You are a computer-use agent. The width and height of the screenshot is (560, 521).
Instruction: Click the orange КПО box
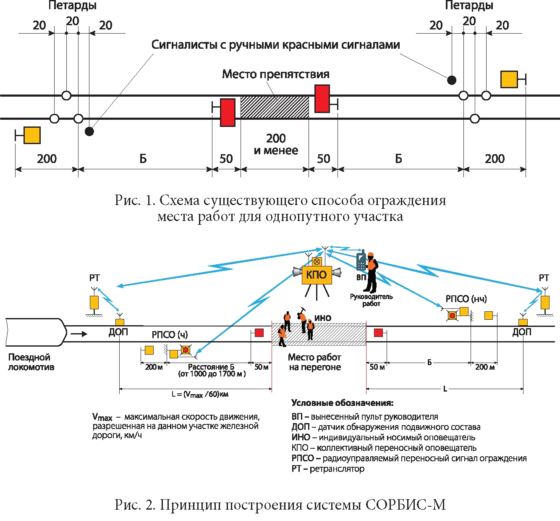coord(317,275)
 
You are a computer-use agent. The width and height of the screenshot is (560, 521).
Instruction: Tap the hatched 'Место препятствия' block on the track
coord(275,107)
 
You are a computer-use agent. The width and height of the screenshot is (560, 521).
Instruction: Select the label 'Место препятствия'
coord(275,74)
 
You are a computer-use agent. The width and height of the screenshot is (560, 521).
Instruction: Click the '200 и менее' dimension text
coord(276,144)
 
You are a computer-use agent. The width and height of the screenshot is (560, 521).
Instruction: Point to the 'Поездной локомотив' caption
coord(31,362)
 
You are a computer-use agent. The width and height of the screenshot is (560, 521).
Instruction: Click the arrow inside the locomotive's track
coord(79,334)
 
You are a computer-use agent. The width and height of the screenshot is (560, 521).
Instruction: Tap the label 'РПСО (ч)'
coord(170,335)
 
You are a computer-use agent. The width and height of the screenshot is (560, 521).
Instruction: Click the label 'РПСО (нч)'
coord(466,299)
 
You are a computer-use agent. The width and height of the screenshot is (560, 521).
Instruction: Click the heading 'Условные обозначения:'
coord(343,403)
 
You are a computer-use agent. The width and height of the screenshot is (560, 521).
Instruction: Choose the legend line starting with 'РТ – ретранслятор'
coord(328,469)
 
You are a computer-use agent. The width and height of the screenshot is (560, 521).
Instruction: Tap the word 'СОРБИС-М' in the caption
coord(406,505)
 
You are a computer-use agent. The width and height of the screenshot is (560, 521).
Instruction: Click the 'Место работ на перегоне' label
coord(314,362)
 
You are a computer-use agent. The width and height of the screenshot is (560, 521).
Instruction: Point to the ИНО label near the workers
coord(323,318)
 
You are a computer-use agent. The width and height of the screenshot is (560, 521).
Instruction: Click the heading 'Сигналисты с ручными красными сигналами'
coord(275,45)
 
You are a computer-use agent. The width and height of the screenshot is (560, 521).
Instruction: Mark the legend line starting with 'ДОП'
coord(386,427)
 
